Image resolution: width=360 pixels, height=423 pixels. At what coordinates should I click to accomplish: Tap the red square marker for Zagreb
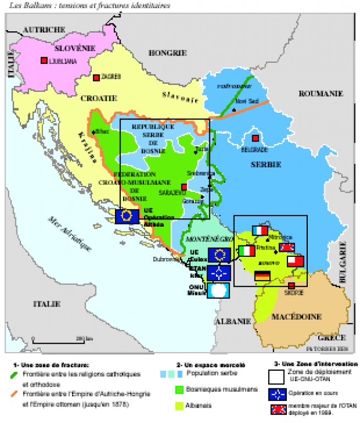tap(96, 78)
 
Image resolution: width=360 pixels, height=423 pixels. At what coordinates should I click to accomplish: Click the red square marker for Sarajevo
tap(184, 187)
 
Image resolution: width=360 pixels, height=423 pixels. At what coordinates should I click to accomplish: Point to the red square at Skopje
tap(291, 285)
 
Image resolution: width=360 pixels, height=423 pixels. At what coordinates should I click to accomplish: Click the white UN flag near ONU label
tap(218, 290)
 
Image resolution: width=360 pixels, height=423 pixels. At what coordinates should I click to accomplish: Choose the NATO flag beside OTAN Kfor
tap(219, 272)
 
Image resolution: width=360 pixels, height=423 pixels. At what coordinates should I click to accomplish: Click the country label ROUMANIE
tap(320, 94)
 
